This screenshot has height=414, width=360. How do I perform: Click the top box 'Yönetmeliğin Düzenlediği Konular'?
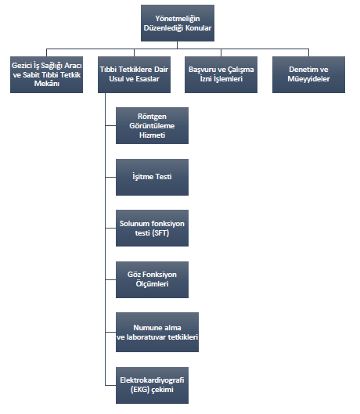[x=178, y=23]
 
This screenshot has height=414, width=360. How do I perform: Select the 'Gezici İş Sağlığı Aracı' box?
[x=46, y=74]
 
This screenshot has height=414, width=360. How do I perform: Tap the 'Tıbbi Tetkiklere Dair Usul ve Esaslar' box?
[x=134, y=74]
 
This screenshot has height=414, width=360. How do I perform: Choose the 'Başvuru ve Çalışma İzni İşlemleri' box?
[x=221, y=74]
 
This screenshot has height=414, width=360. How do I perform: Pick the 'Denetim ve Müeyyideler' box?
[x=309, y=74]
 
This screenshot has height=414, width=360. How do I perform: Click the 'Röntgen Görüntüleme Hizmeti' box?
[x=152, y=125]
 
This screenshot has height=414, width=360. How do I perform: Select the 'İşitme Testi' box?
[x=152, y=177]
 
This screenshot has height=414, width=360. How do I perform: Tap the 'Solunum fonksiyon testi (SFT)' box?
[x=152, y=228]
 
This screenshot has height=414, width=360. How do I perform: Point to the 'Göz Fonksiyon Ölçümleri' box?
[x=152, y=279]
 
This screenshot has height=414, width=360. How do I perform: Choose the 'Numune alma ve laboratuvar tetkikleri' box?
[x=157, y=332]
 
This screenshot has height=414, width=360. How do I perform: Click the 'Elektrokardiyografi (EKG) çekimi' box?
[x=152, y=385]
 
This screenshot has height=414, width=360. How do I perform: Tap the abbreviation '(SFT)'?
[x=160, y=233]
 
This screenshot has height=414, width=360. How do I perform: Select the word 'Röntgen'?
[x=152, y=117]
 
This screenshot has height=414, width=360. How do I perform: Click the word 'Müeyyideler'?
[x=309, y=79]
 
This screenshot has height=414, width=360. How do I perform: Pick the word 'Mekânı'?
[x=47, y=84]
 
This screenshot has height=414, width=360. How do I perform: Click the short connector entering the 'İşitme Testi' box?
[x=110, y=177]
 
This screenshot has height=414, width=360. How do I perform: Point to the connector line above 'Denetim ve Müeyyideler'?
[x=309, y=52]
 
